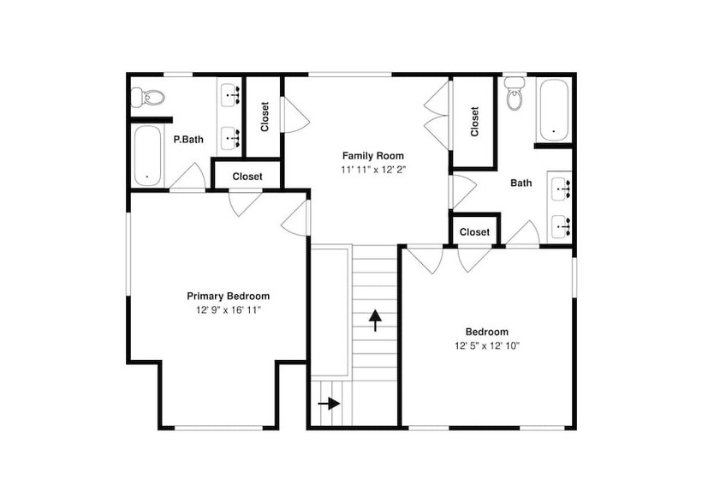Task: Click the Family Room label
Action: coord(373,156)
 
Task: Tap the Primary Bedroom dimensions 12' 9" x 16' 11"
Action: coord(229,309)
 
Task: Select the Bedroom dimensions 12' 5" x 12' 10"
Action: coord(487,345)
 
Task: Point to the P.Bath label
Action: coord(188,140)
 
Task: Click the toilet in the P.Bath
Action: coord(148,97)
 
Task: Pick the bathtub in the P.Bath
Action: coord(147,155)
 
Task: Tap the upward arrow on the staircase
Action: coord(375,320)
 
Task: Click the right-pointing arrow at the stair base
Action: coord(329,404)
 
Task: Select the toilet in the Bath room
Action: coord(515,93)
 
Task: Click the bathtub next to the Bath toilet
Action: coord(554,111)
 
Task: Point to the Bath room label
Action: coord(521,183)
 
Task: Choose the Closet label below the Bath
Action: coord(474,232)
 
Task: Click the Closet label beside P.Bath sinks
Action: coord(265,117)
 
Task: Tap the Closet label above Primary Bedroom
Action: coord(247,177)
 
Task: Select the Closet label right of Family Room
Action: coord(474,121)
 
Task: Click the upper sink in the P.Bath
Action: coord(231,95)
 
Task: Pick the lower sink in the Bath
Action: coord(562,227)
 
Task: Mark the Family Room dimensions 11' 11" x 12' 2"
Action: coord(373,170)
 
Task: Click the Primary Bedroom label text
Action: coord(229,297)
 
